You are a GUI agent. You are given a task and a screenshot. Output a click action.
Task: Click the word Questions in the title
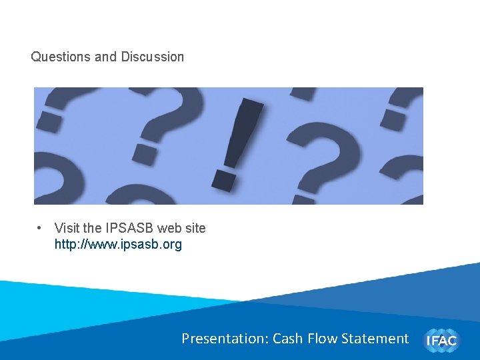coord(61,57)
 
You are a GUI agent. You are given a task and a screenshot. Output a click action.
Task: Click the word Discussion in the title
coord(153,57)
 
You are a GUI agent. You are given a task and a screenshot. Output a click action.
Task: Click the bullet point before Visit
coord(41,228)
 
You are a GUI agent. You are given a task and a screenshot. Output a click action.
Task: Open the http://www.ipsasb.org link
coord(118,245)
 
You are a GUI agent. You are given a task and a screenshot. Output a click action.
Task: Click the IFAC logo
coord(442,340)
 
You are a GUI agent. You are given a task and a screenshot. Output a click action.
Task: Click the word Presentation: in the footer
coord(225,339)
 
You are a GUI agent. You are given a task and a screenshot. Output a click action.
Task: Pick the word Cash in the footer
coord(288,339)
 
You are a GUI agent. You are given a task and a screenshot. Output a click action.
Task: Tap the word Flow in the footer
coord(323,339)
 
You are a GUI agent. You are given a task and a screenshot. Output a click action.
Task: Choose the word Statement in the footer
coord(375,339)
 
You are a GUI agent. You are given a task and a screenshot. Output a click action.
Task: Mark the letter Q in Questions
coord(35,57)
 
